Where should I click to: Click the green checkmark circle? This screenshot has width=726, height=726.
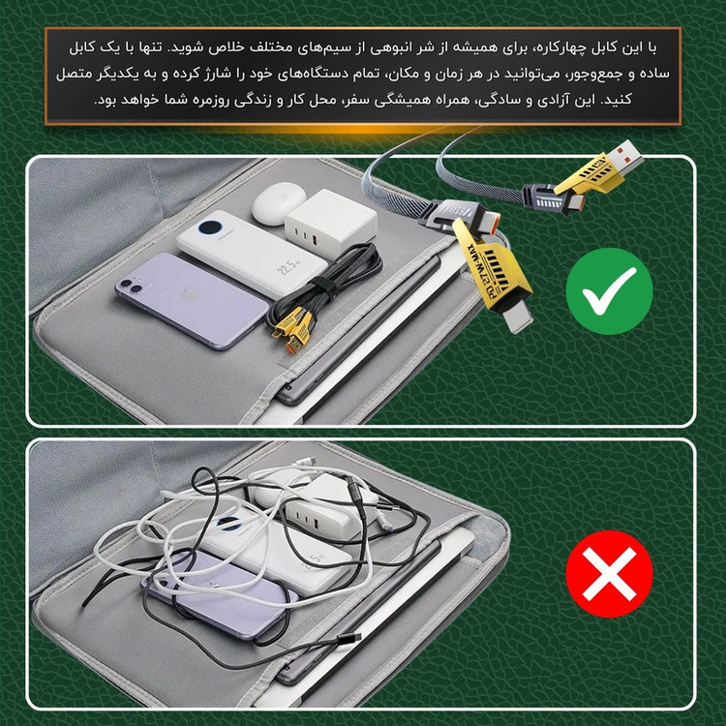click(x=609, y=291)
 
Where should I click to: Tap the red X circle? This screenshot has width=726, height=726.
click(x=609, y=574)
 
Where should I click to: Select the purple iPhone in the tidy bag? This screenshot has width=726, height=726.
click(x=192, y=299)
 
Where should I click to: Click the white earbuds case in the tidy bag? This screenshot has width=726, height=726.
click(x=277, y=203)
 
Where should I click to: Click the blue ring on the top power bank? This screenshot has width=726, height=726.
click(x=210, y=227)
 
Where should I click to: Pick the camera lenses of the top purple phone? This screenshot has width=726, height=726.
click(x=130, y=286)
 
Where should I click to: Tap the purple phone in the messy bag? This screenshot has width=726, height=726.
click(x=218, y=597)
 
